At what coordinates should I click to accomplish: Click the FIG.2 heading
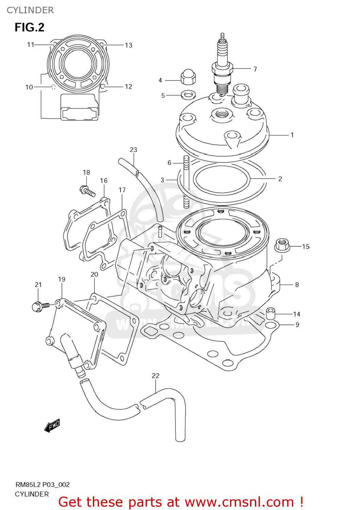tap(29, 27)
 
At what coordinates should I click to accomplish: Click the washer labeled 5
tap(189, 94)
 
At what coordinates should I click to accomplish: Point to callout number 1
tap(292, 135)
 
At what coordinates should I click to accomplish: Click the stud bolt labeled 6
tap(186, 182)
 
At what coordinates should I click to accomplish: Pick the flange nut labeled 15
tap(282, 244)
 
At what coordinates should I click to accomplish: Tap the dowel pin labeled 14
tap(271, 313)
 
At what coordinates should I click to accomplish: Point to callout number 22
tap(156, 376)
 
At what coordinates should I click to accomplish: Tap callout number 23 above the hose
tap(133, 150)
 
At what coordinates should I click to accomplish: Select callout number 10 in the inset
tap(29, 87)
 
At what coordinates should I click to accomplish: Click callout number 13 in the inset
tap(128, 45)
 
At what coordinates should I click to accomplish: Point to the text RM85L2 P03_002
tap(43, 485)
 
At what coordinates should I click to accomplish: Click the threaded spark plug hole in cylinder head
tap(222, 114)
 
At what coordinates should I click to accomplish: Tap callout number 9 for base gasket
tap(297, 325)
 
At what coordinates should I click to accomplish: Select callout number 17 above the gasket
tap(122, 190)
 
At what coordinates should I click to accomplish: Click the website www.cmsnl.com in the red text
tap(239, 502)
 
